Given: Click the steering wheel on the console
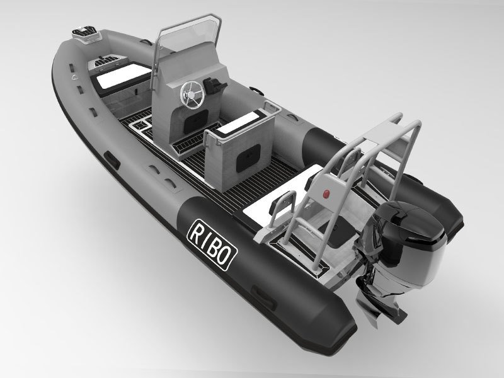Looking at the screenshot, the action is (192, 93).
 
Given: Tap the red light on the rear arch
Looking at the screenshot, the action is (326, 193).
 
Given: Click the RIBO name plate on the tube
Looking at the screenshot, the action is (212, 244).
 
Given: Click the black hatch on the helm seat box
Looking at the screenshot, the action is (248, 158).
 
